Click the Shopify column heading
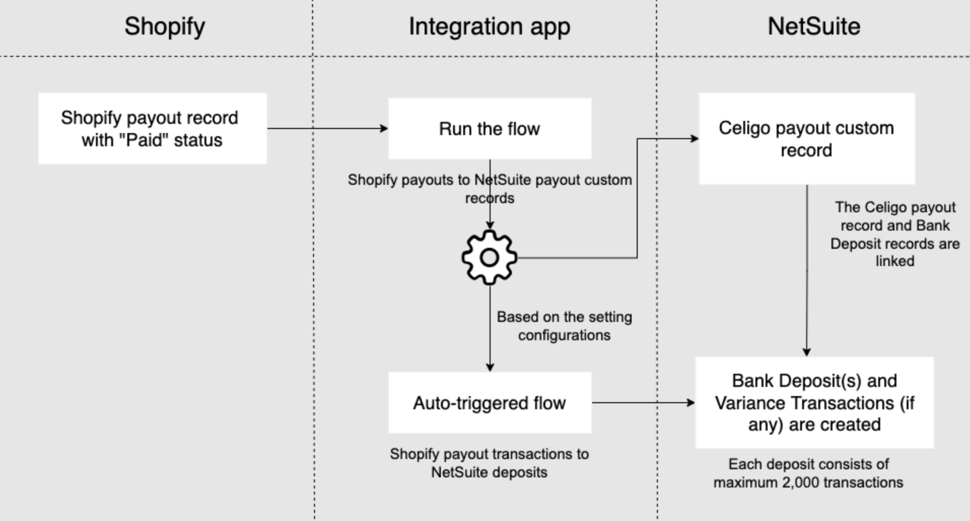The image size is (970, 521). tap(165, 26)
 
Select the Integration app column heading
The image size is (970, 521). tap(489, 26)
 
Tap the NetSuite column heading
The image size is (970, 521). tap(814, 26)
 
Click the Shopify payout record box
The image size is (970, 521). tap(152, 128)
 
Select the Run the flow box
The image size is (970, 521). tap(490, 128)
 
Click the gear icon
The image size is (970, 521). tap(489, 257)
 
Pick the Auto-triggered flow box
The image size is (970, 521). tap(490, 403)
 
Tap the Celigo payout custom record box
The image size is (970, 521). tap(806, 139)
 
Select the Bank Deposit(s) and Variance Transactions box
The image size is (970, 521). tap(814, 403)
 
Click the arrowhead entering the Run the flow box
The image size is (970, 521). tap(384, 128)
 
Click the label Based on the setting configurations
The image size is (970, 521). tap(564, 326)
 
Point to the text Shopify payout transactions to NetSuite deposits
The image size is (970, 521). tap(489, 463)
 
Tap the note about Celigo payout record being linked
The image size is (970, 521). tap(894, 234)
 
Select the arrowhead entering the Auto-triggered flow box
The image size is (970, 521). tap(490, 367)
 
